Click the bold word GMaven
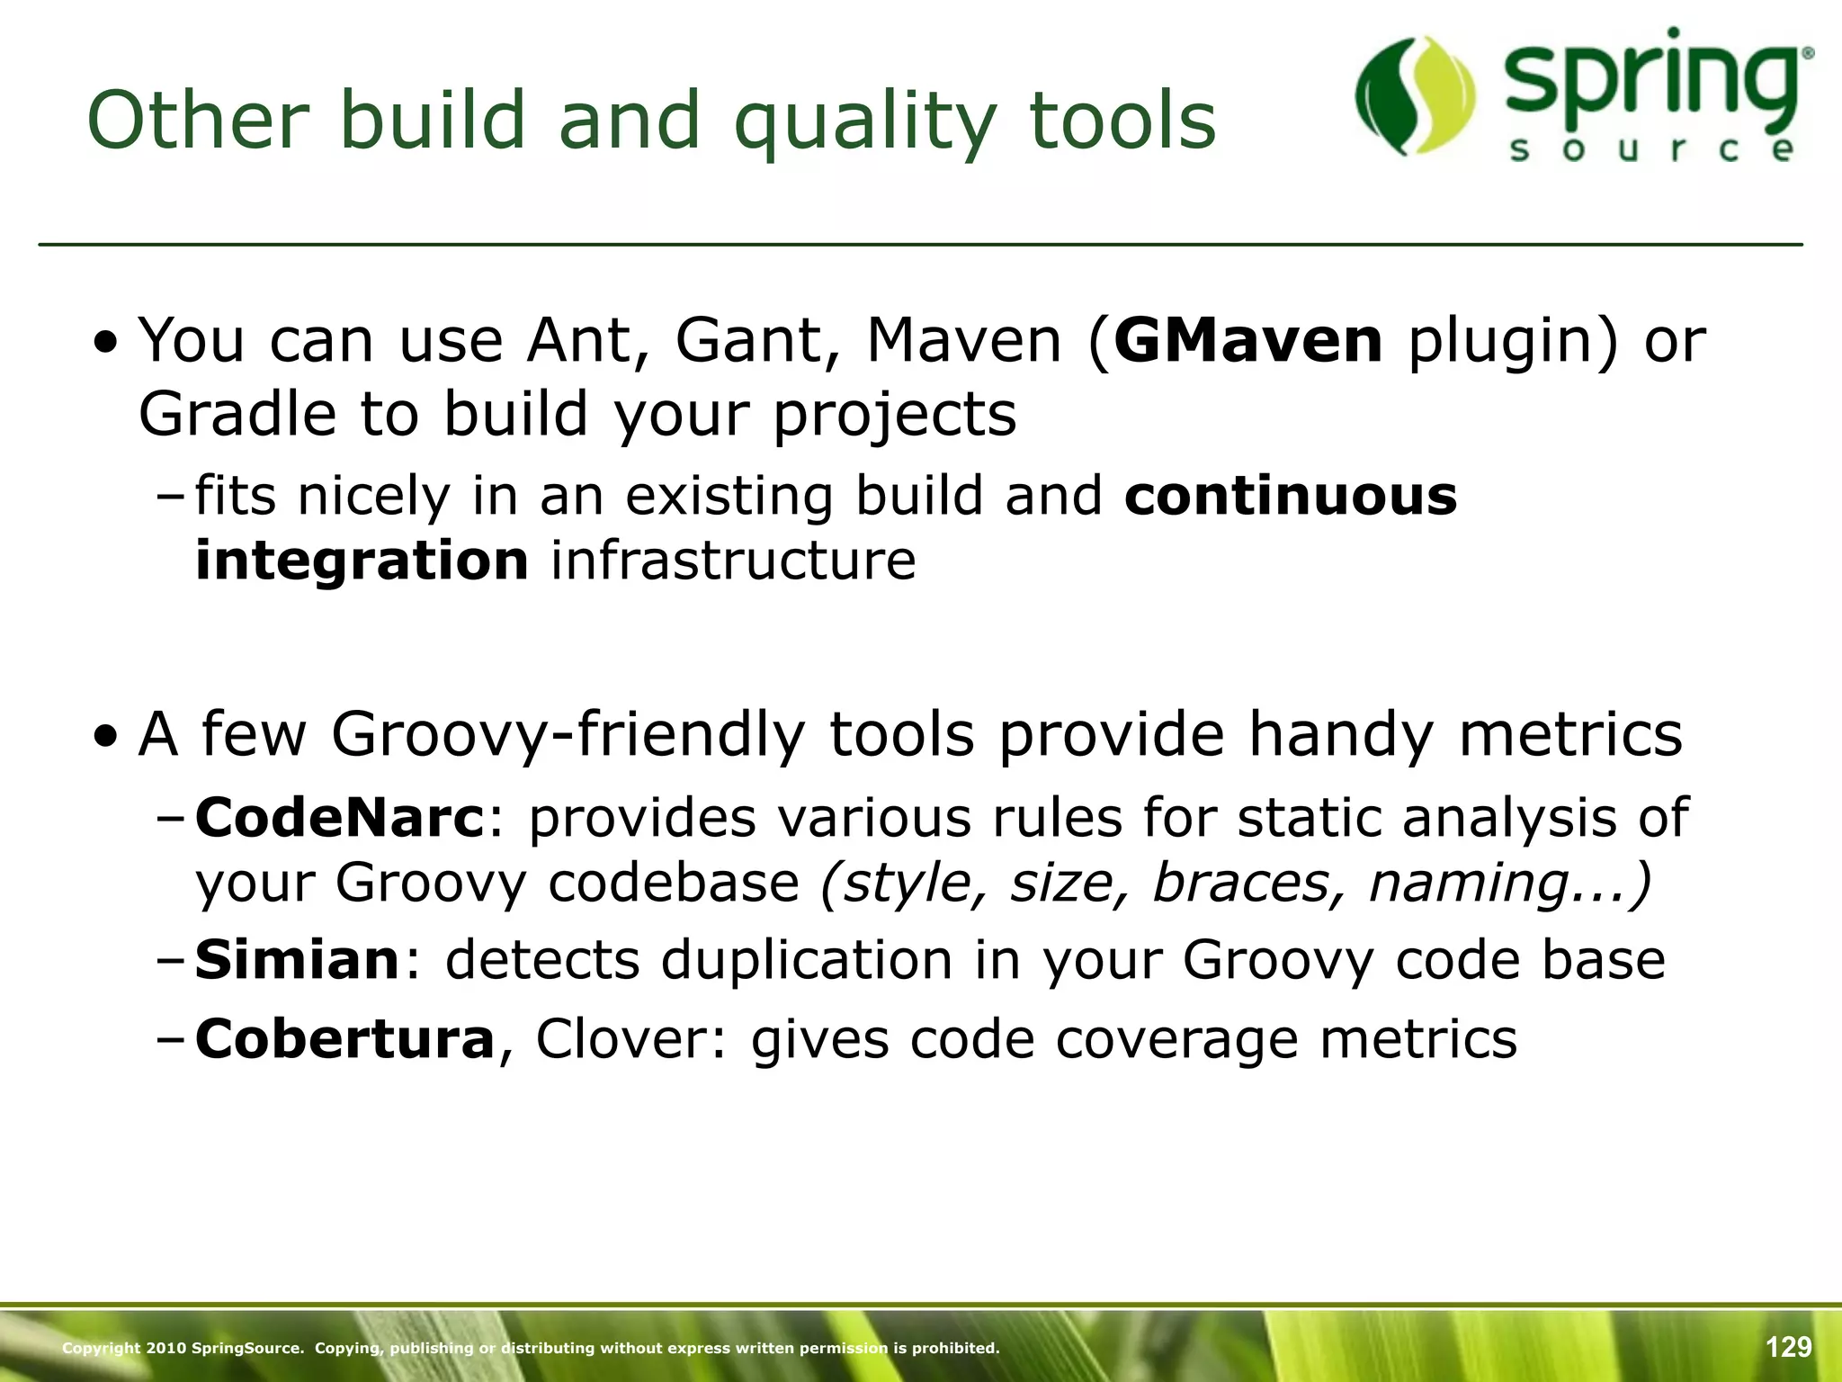[x=1247, y=342]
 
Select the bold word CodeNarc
[x=340, y=818]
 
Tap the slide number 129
[x=1788, y=1347]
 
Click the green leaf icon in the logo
[x=1415, y=95]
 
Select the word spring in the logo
[x=1653, y=81]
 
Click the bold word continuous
[x=1290, y=496]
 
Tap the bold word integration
[x=362, y=561]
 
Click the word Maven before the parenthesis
[x=963, y=342]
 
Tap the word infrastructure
[x=733, y=561]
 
